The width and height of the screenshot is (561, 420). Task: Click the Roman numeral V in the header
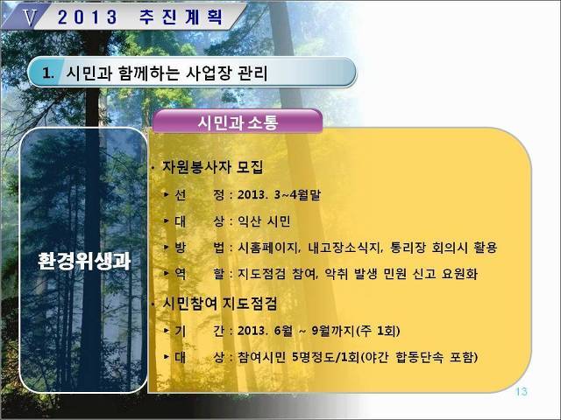(30, 17)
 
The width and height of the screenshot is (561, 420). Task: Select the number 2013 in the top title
(88, 17)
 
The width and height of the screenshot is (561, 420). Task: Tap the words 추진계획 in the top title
(181, 17)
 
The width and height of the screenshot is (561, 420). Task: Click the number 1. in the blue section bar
(48, 73)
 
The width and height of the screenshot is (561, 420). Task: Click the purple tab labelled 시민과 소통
(238, 122)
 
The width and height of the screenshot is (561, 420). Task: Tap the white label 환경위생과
(84, 261)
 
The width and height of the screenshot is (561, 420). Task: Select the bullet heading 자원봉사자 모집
(213, 167)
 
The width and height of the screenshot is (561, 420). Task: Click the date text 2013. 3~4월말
(279, 194)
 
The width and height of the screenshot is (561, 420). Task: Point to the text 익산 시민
(264, 221)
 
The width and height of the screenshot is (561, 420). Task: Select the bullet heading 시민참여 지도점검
(220, 304)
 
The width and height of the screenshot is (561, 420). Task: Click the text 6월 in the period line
(283, 331)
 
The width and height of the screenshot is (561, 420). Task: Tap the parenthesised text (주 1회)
(378, 331)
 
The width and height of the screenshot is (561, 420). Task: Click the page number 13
(522, 392)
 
